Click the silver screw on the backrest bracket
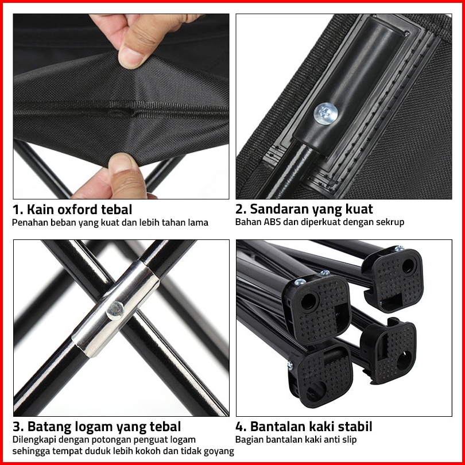pyautogui.click(x=325, y=114)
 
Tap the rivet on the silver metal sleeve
pyautogui.click(x=115, y=311)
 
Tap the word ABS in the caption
pyautogui.click(x=272, y=222)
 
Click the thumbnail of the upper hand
pyautogui.click(x=130, y=58)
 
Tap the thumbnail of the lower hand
pyautogui.click(x=119, y=162)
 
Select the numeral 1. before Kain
pyautogui.click(x=18, y=210)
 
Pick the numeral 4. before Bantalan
pyautogui.click(x=241, y=427)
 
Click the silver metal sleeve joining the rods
pyautogui.click(x=116, y=308)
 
